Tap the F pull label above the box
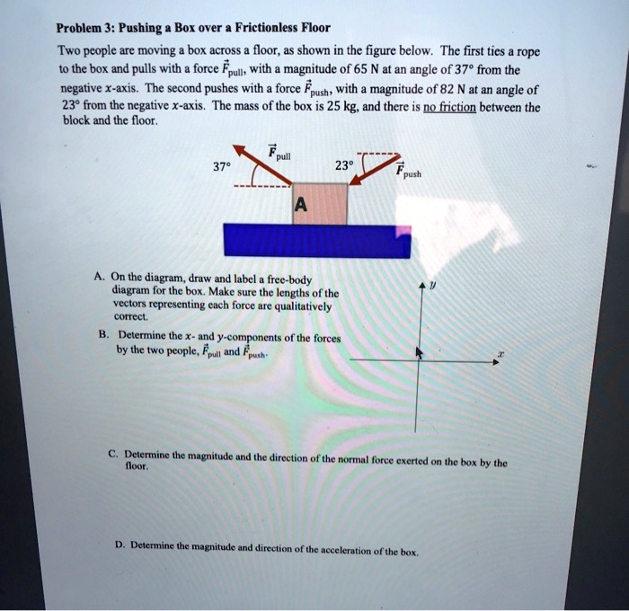pos(280,153)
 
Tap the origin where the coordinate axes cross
pos(416,359)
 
